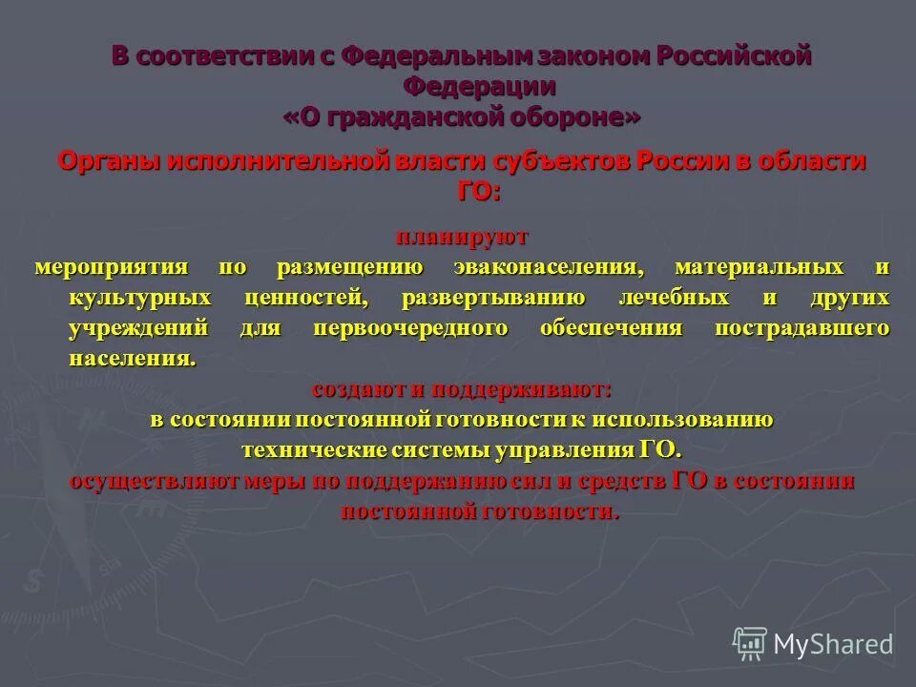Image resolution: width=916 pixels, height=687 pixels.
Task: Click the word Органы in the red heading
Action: pyautogui.click(x=109, y=161)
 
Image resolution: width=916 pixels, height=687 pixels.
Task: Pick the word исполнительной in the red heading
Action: pyautogui.click(x=275, y=161)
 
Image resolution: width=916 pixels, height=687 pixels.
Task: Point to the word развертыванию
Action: pyautogui.click(x=493, y=298)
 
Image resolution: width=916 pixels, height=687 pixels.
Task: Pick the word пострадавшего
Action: pyautogui.click(x=801, y=329)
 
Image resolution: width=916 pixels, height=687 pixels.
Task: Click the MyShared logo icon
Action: pyautogui.click(x=750, y=642)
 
